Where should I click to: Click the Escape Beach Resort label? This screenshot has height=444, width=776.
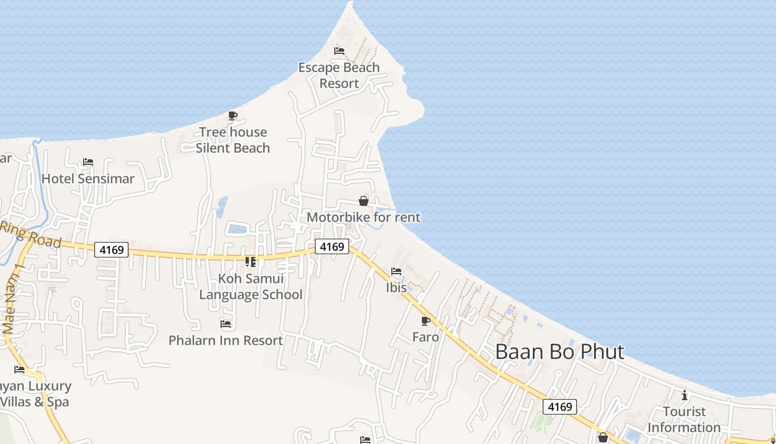(339, 75)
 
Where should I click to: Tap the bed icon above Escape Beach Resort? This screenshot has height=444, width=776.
(339, 51)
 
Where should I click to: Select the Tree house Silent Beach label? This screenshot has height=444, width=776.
(233, 140)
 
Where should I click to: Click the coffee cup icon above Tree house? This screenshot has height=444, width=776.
(233, 116)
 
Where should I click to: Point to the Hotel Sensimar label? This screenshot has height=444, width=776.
(88, 179)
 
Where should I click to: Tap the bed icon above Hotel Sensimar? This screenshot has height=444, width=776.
(88, 163)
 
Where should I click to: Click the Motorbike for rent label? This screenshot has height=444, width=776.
(364, 217)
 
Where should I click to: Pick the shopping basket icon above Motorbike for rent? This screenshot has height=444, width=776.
(364, 201)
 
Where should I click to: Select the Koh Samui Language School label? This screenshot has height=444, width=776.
(251, 286)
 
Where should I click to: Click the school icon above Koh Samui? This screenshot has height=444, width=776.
(251, 261)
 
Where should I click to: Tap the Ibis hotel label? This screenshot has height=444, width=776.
(396, 288)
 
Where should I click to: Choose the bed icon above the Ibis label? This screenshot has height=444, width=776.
(396, 272)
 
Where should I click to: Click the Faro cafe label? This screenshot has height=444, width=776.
(426, 337)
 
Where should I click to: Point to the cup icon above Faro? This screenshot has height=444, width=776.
(426, 321)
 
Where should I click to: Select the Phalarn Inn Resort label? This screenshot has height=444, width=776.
(226, 340)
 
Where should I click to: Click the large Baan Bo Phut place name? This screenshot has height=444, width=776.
(560, 352)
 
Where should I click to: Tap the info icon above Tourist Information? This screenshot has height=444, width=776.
(685, 395)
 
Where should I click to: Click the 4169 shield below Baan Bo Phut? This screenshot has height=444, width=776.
(560, 407)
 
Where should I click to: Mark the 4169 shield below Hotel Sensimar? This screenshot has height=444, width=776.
(111, 250)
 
